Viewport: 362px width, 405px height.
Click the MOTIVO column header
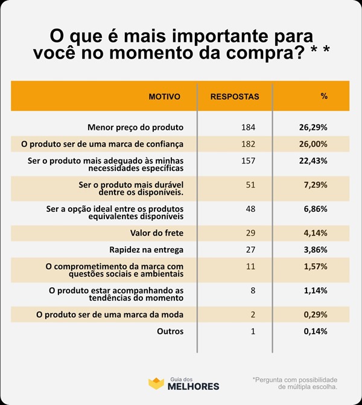click(164, 97)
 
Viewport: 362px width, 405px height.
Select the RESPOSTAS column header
click(235, 97)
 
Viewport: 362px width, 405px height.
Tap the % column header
click(323, 97)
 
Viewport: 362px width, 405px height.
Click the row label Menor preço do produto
click(135, 127)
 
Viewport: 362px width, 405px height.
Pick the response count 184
click(248, 127)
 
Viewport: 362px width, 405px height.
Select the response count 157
click(248, 161)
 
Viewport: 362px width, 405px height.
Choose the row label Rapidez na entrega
click(146, 249)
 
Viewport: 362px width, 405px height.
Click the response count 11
click(252, 266)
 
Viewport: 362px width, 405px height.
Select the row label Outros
click(170, 331)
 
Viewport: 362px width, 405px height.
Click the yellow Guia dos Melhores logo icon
click(156, 383)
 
